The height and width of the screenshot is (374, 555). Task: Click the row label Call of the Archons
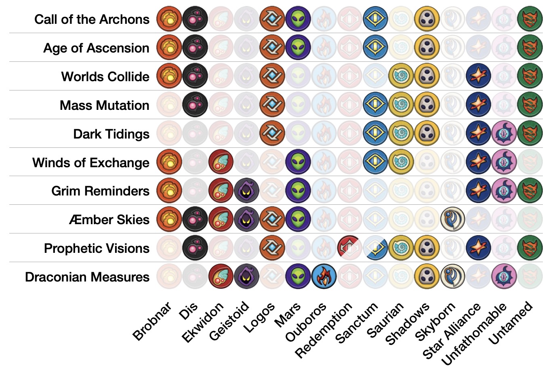(x=92, y=19)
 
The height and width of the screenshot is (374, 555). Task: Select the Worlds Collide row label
(x=105, y=77)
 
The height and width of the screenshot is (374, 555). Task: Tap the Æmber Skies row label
(x=109, y=220)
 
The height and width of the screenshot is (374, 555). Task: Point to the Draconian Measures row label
(x=87, y=277)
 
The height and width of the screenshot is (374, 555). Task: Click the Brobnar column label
(x=152, y=322)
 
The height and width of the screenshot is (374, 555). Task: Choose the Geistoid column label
(x=229, y=321)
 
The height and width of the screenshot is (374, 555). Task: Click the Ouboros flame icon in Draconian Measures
(x=324, y=277)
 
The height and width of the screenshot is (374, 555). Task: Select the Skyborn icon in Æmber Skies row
(x=452, y=219)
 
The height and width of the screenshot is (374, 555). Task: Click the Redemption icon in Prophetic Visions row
(x=349, y=248)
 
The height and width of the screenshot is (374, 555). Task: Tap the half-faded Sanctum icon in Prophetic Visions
(x=375, y=248)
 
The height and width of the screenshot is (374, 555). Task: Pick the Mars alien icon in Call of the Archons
(x=298, y=19)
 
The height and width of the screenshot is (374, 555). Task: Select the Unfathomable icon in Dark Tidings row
(x=504, y=133)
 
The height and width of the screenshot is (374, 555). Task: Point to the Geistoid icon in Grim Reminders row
(x=246, y=191)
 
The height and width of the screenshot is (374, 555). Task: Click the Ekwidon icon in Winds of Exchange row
(x=221, y=162)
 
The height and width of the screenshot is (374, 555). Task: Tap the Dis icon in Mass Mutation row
(x=195, y=105)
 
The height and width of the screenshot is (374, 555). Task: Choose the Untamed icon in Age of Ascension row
(x=530, y=48)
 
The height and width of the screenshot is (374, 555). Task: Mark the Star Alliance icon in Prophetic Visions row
(x=478, y=248)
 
